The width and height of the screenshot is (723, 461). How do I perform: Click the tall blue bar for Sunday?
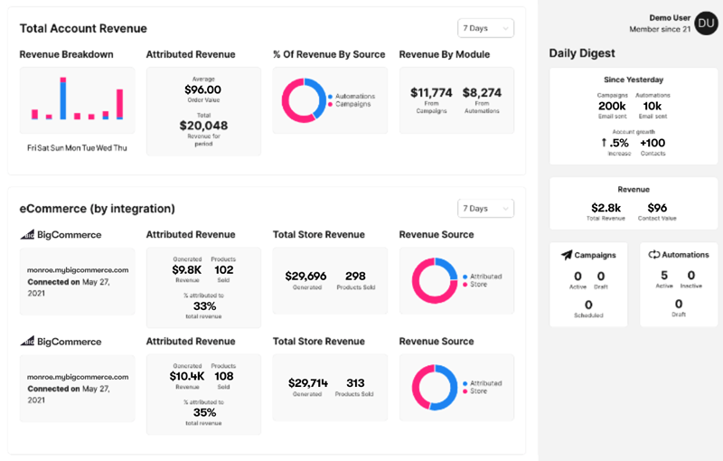pyautogui.click(x=63, y=98)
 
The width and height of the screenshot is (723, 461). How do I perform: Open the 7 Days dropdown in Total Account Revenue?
pyautogui.click(x=485, y=28)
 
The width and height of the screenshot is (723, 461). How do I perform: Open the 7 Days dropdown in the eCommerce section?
pyautogui.click(x=485, y=209)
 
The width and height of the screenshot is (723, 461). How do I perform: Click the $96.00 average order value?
pyautogui.click(x=202, y=89)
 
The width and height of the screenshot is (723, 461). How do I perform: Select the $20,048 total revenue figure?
pyautogui.click(x=203, y=126)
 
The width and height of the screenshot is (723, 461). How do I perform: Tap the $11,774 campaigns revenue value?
pyautogui.click(x=431, y=92)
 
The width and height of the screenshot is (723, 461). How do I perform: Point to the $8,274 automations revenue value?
pyautogui.click(x=482, y=92)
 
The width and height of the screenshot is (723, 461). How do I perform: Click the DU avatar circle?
pyautogui.click(x=707, y=24)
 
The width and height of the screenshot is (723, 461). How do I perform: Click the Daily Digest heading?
pyautogui.click(x=582, y=53)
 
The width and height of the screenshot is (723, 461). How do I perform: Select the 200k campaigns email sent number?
pyautogui.click(x=612, y=106)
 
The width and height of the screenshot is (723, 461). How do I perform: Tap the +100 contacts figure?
pyautogui.click(x=653, y=143)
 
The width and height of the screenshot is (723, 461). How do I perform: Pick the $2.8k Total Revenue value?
pyautogui.click(x=606, y=208)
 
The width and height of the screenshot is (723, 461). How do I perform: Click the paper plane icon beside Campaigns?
pyautogui.click(x=567, y=255)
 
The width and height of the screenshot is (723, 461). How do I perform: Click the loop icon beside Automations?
pyautogui.click(x=654, y=255)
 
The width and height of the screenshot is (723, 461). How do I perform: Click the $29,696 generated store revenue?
pyautogui.click(x=305, y=276)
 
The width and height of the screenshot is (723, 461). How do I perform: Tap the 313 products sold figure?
pyautogui.click(x=354, y=382)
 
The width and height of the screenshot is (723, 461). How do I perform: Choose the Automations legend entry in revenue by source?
pyautogui.click(x=355, y=96)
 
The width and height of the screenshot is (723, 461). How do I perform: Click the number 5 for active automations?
pyautogui.click(x=664, y=276)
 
